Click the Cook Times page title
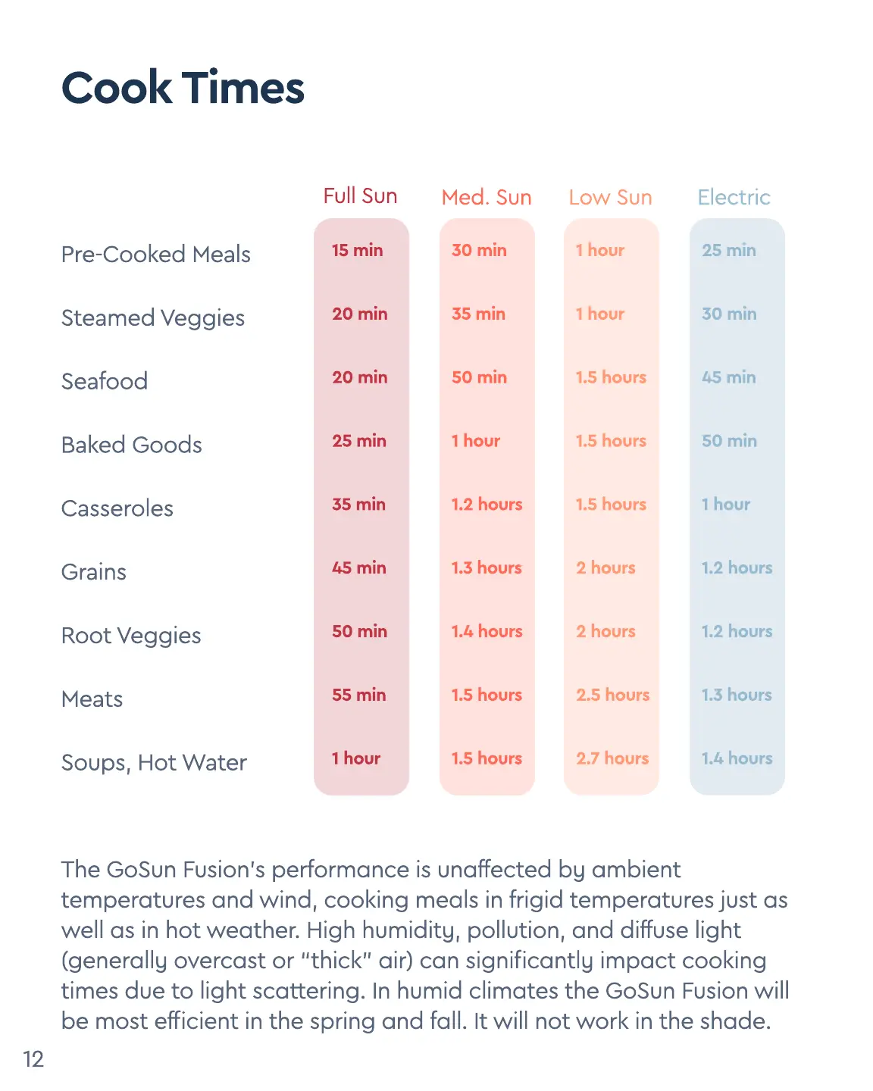[x=183, y=88]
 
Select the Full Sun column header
[x=360, y=196]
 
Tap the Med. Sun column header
[x=487, y=198]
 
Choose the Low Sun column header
[x=610, y=198]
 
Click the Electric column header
[x=734, y=198]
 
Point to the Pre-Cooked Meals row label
[x=155, y=255]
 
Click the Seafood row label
[x=105, y=381]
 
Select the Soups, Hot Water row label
[x=154, y=763]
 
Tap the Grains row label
[x=94, y=572]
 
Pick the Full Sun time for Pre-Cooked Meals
[x=357, y=250]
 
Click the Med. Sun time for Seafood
[x=479, y=377]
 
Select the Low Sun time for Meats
[x=612, y=695]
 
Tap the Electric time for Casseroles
[x=725, y=505]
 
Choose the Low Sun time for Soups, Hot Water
[x=612, y=758]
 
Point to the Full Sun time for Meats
[x=358, y=695]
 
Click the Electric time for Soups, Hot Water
[x=737, y=758]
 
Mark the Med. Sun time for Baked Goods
[x=476, y=441]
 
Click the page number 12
[x=33, y=1059]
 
